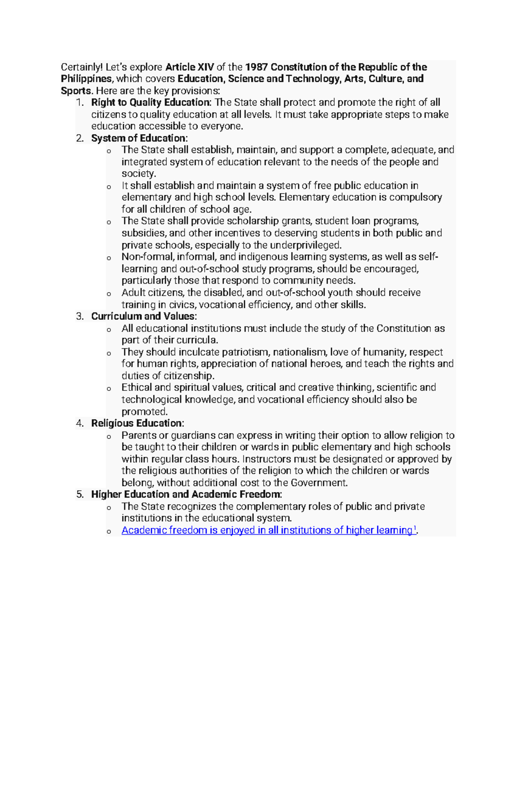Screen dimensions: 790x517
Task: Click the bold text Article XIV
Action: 190,67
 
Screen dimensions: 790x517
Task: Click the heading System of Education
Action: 139,138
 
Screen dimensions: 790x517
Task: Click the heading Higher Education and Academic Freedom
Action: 186,494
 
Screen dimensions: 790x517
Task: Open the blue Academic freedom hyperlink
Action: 267,530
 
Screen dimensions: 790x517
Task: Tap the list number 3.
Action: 80,316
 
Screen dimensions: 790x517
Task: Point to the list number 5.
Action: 80,494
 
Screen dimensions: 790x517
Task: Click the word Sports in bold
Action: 76,91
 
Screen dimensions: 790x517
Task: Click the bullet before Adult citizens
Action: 109,294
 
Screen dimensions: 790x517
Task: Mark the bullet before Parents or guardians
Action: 109,437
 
